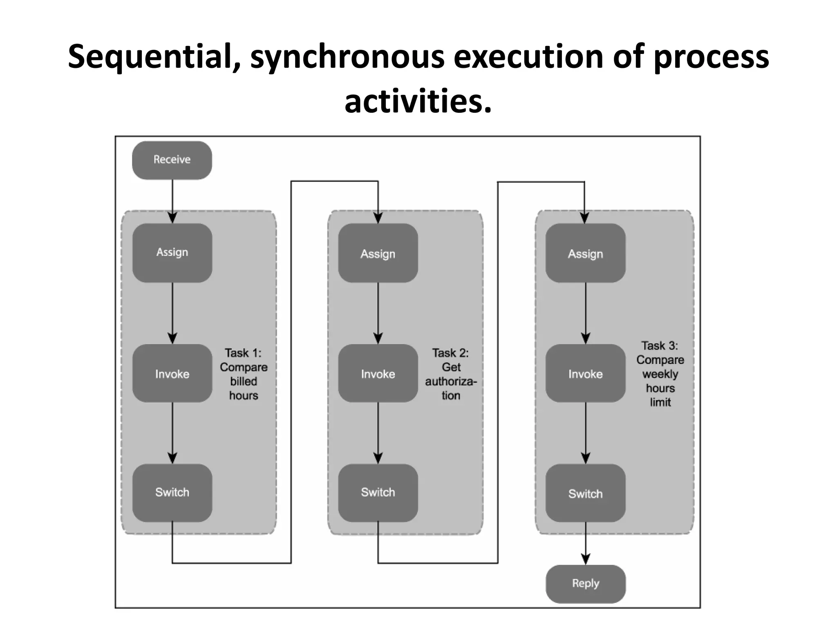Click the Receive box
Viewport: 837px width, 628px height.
tap(172, 160)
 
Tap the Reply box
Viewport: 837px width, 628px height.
tap(585, 583)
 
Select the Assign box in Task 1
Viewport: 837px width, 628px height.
tap(172, 253)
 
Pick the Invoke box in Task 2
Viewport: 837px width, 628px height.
tap(378, 373)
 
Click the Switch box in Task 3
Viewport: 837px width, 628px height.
tap(585, 493)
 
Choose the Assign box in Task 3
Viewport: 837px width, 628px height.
tap(585, 253)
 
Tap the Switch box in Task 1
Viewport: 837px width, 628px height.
tap(172, 492)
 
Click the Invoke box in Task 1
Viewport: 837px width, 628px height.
tap(172, 373)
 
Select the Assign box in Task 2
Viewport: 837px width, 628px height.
tap(378, 253)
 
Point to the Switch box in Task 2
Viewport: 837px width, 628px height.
tap(378, 492)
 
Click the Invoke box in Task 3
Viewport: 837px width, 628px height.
tap(585, 373)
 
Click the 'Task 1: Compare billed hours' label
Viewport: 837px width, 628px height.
tap(244, 374)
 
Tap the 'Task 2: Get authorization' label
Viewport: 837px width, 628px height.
tap(451, 374)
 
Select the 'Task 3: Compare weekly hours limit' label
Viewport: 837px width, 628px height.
tap(660, 373)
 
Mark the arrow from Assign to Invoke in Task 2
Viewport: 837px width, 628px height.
tap(378, 313)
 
